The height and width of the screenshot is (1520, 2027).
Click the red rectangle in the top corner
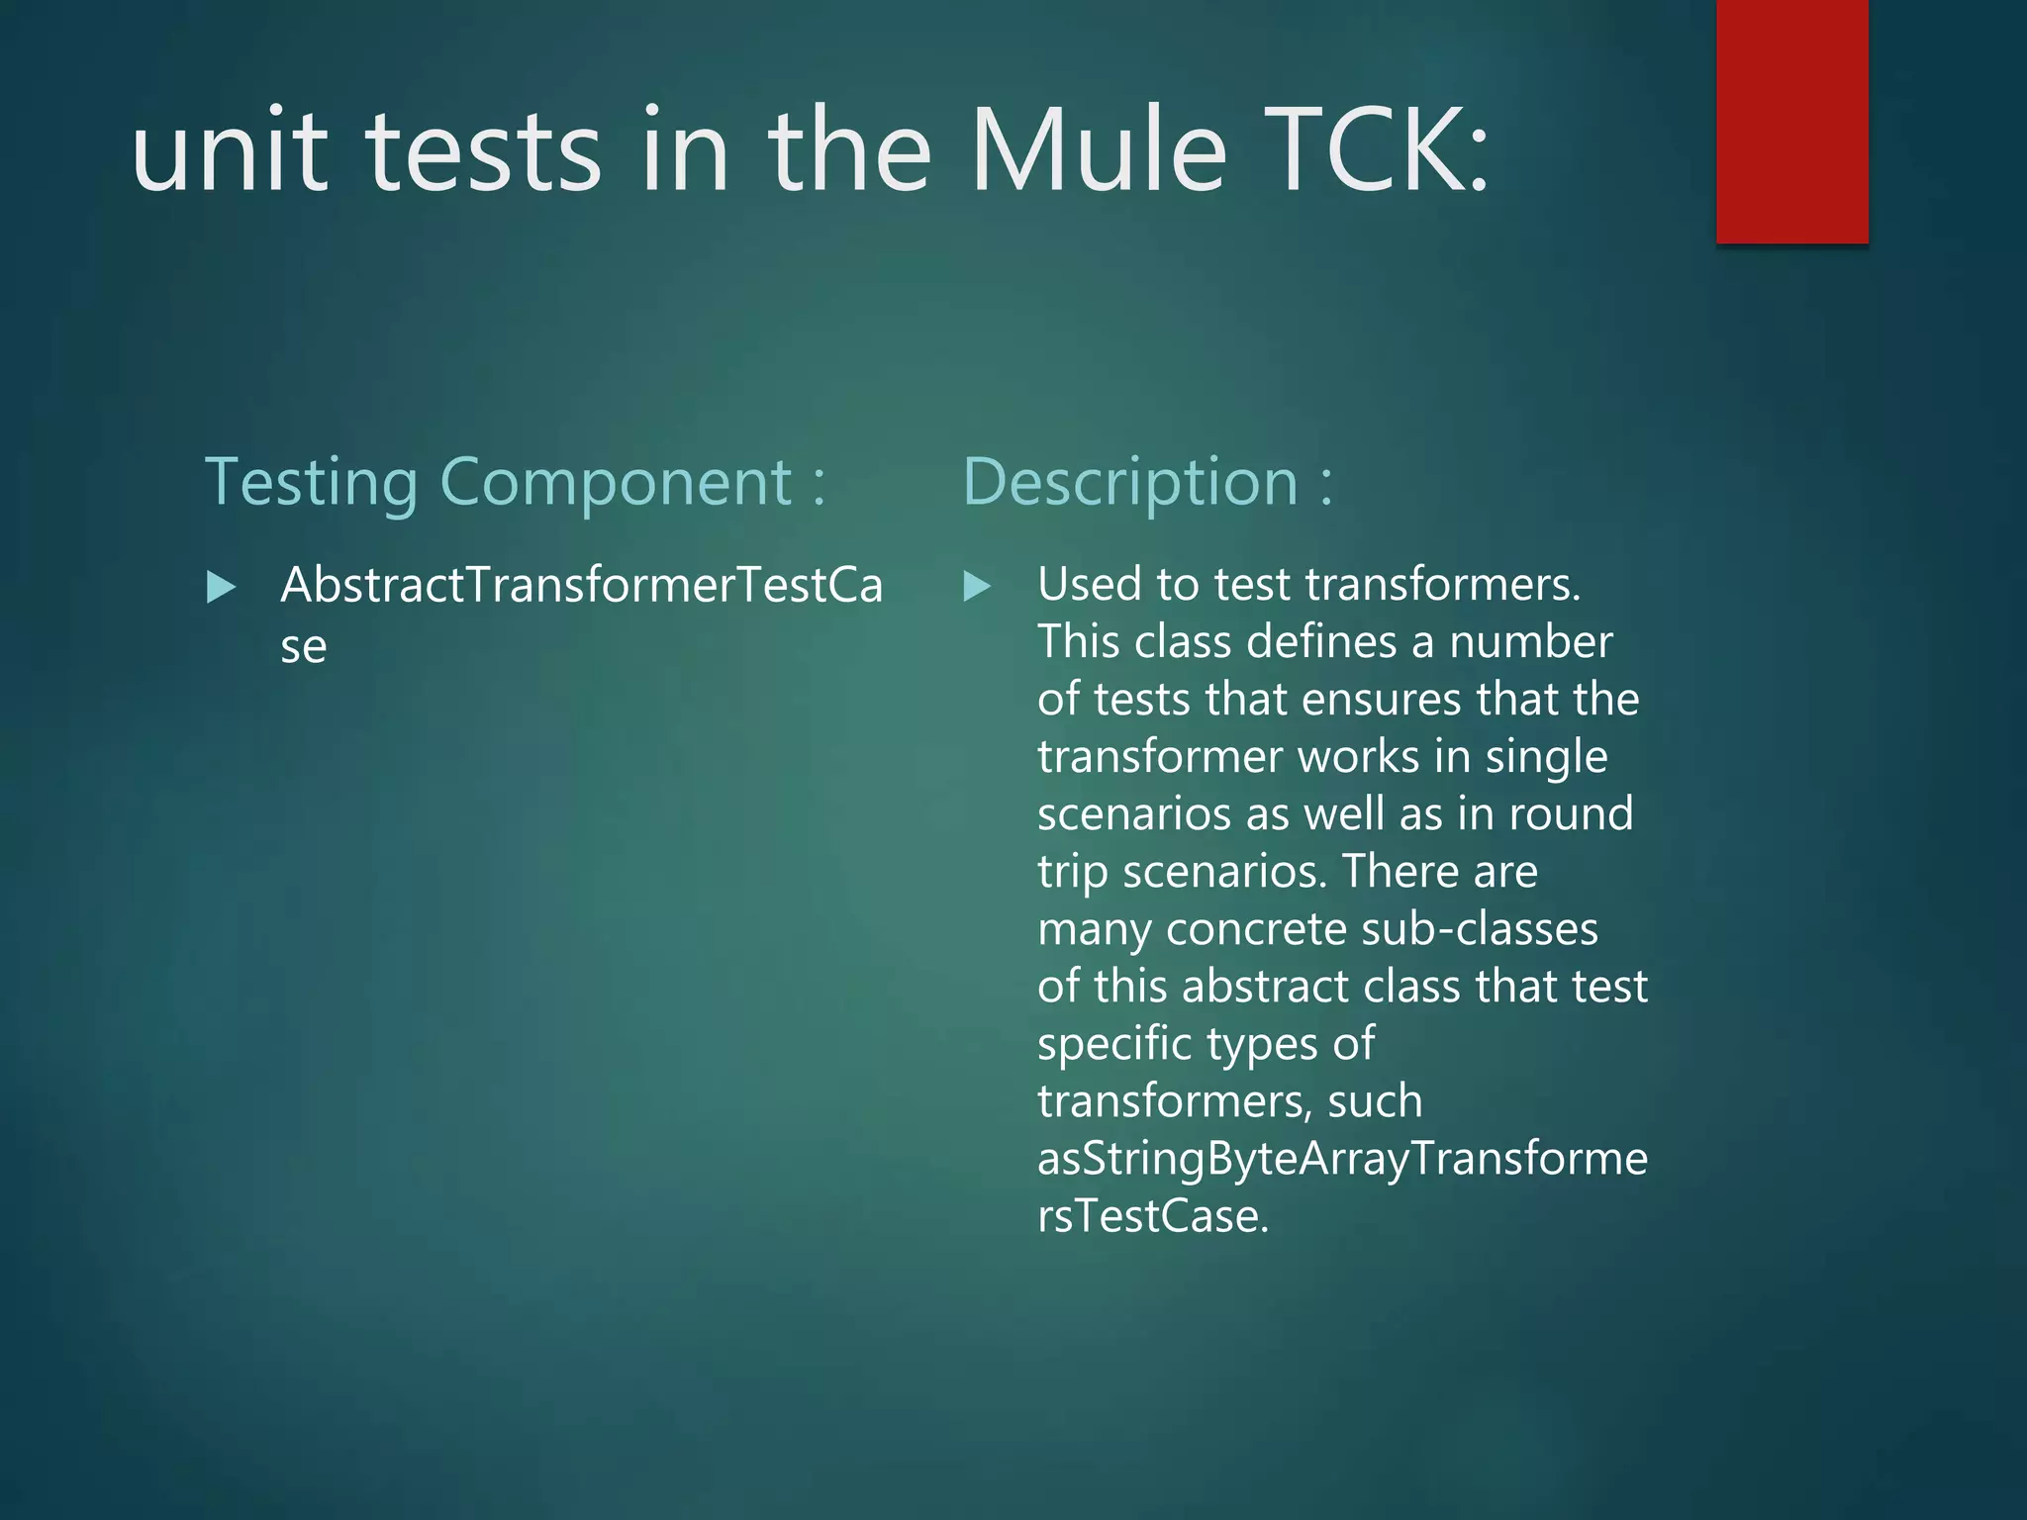(x=1791, y=121)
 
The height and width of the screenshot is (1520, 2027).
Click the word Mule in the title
(x=1099, y=151)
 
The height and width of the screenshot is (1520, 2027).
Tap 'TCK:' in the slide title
(x=1377, y=151)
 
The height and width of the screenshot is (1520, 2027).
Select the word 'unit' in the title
(x=230, y=151)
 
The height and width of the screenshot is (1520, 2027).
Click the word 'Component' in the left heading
(x=616, y=484)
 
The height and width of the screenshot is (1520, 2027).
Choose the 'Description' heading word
(x=1129, y=484)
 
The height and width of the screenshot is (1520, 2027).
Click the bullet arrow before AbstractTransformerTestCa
(x=222, y=587)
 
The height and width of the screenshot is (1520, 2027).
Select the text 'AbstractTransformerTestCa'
(x=582, y=585)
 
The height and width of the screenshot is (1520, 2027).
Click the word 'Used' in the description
(x=1088, y=584)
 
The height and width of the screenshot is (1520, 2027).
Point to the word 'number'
(x=1531, y=642)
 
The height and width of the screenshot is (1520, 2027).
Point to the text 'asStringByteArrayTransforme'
(x=1342, y=1159)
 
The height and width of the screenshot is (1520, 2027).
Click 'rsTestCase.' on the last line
(x=1153, y=1216)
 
